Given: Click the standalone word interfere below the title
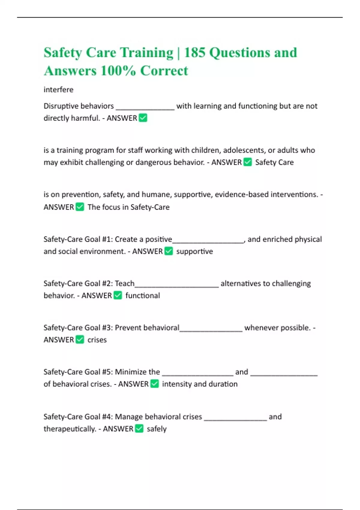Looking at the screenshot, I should point(58,90).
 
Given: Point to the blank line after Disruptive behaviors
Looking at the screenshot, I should point(145,107).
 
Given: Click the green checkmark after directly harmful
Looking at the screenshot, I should point(143,118).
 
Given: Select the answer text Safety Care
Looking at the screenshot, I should point(274,162).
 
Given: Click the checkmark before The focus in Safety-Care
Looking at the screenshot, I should point(80,207).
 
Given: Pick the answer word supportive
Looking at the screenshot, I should point(194,251).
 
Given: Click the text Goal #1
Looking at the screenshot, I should point(97,239).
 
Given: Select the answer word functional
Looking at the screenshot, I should point(142,295).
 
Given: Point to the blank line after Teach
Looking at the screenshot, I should point(177,285).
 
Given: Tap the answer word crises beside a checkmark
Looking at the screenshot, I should point(97,340).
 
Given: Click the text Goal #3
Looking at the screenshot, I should point(97,328).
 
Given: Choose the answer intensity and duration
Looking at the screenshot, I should point(200,384).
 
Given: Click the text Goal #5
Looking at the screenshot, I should point(97,372).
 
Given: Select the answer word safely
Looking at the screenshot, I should point(157,429).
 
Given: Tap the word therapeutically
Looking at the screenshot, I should point(69,429).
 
